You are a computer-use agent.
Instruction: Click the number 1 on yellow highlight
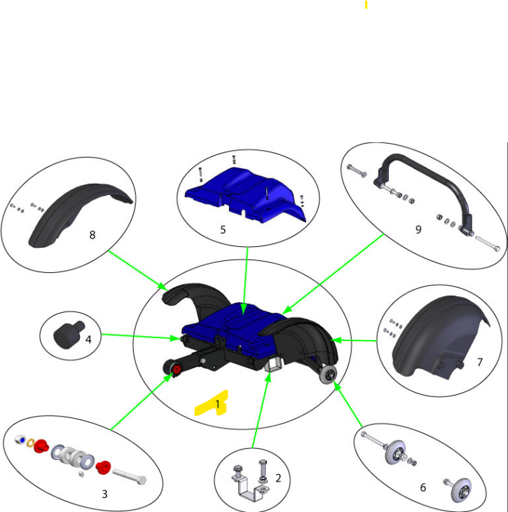218,404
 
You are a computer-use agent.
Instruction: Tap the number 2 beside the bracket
278,478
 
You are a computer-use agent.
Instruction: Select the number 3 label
104,494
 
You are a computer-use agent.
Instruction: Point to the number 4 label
88,339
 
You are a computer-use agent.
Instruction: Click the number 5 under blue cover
223,229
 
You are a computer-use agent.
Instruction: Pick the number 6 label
423,487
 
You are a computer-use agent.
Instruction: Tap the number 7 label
479,362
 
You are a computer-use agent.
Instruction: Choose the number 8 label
92,235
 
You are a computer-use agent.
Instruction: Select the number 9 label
418,229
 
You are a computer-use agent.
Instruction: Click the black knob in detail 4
68,335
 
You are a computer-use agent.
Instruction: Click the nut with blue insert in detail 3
20,440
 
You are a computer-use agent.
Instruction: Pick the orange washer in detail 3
31,443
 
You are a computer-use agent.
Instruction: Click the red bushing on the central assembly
177,370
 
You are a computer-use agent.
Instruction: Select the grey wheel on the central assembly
328,374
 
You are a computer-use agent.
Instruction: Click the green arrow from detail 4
140,337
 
